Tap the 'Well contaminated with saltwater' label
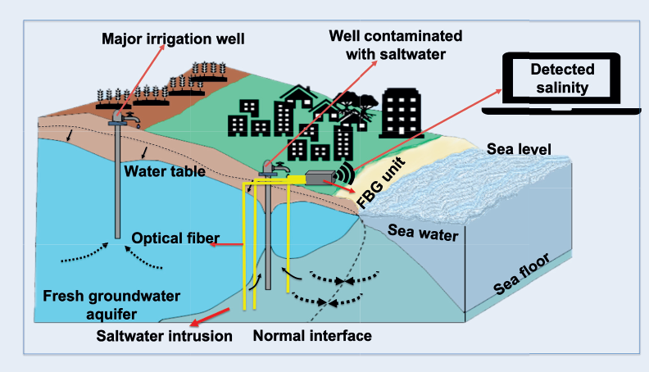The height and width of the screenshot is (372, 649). [395, 46]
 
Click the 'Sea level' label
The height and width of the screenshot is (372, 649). [519, 149]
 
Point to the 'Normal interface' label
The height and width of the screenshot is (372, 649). [312, 336]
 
